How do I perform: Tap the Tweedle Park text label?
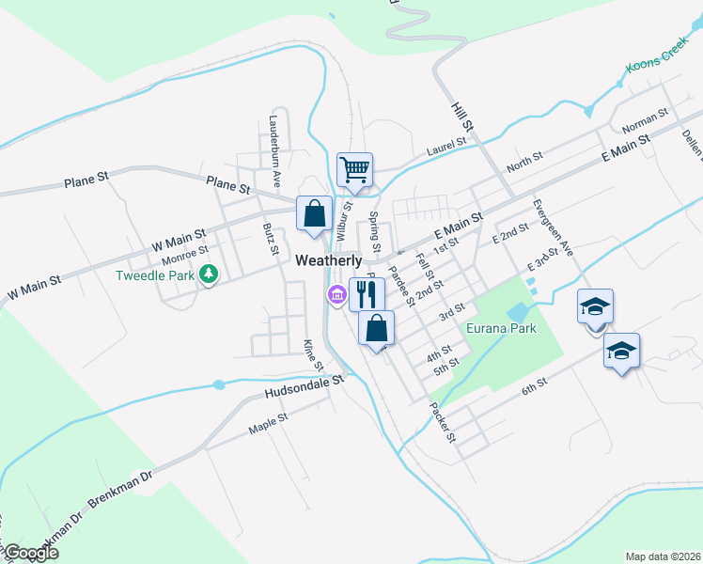click(x=153, y=275)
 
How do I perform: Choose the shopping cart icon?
click(x=355, y=170)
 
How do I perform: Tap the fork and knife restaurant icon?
click(x=366, y=294)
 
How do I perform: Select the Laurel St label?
click(x=445, y=145)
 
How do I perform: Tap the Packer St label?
click(x=442, y=423)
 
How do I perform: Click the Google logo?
click(x=33, y=553)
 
